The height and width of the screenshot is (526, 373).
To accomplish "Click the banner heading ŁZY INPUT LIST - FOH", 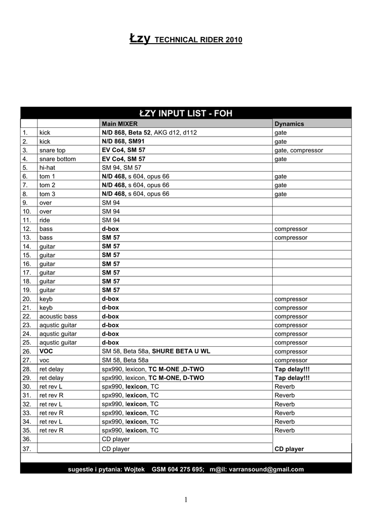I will (x=186, y=113).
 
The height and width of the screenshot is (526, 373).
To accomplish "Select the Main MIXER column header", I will (x=120, y=124).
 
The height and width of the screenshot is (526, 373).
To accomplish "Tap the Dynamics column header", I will (x=289, y=124).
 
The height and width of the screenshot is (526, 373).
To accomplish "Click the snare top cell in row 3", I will (x=52, y=150).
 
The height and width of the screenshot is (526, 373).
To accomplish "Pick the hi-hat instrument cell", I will (x=48, y=167).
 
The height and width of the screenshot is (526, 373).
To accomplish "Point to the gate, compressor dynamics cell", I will (x=298, y=150).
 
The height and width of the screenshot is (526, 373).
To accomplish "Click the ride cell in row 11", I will (x=45, y=220).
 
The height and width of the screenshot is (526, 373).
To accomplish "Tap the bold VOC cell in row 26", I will (x=46, y=351).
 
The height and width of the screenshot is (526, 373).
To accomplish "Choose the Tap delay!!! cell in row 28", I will (x=292, y=369).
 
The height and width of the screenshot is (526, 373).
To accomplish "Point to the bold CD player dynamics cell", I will (x=289, y=448).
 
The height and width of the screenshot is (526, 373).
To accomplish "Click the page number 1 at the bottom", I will (x=186, y=500).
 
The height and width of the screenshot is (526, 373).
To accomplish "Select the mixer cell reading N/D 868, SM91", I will (x=123, y=141).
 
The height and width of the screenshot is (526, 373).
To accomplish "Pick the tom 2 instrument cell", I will (x=47, y=185).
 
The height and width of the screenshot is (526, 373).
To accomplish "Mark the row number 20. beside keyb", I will (x=27, y=298).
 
